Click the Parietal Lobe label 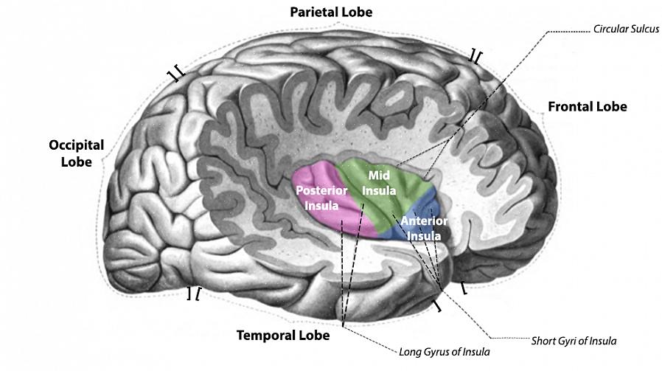point(331,12)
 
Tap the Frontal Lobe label point(587,106)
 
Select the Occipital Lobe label point(76,153)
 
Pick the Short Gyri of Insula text point(574,341)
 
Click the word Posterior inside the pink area point(321,190)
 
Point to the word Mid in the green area point(378,176)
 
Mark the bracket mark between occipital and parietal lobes point(175,74)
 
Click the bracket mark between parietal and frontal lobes point(476,56)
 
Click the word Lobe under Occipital point(76,161)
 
